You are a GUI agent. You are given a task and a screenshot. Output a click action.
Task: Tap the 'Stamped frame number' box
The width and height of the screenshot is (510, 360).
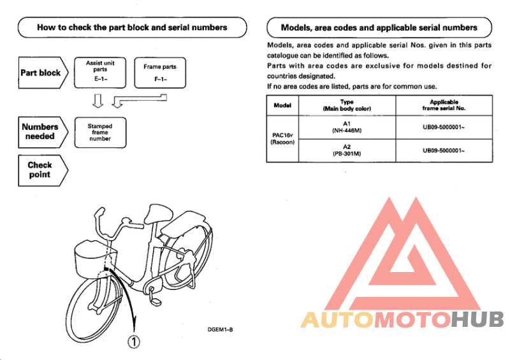click(99, 133)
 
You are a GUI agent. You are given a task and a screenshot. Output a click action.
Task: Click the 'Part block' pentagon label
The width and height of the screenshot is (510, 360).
click(41, 73)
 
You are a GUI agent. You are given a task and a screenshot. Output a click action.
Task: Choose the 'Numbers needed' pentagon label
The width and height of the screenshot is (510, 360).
click(41, 131)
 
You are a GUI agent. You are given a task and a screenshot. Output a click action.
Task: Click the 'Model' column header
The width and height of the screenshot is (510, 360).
click(282, 105)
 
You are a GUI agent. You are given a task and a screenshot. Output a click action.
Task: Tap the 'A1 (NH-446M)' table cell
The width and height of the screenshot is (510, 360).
click(347, 127)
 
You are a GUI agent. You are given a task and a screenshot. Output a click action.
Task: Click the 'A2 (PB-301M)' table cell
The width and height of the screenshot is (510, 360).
click(347, 150)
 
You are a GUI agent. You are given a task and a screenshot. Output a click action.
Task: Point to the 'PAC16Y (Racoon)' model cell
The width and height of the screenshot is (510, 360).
click(282, 139)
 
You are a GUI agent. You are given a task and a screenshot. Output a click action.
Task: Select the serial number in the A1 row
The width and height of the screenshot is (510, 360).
click(444, 127)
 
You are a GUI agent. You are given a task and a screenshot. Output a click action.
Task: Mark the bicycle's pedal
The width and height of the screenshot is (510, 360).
click(155, 295)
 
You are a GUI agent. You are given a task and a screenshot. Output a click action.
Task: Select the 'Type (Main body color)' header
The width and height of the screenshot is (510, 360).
click(347, 105)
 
